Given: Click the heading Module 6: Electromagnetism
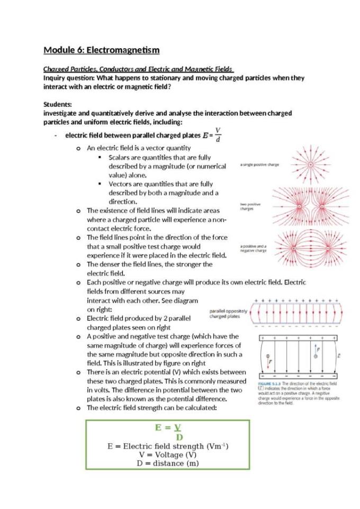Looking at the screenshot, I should [x=101, y=50].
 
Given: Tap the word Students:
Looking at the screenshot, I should [x=58, y=104].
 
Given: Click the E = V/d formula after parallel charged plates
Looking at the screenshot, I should [x=215, y=135].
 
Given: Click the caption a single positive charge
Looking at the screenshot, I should [x=259, y=165].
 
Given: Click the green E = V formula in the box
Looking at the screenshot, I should [x=167, y=428].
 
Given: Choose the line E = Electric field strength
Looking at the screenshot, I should [x=167, y=446].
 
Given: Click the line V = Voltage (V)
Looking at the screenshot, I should [x=167, y=455].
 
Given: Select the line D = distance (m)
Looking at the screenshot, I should [x=167, y=463].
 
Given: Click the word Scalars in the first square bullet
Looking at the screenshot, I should [x=121, y=157].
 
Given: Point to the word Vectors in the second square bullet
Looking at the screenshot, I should [x=122, y=184].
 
